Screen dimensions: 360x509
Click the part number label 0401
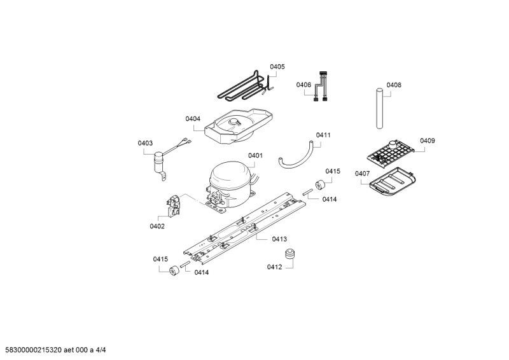click(255, 156)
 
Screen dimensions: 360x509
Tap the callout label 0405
click(277, 67)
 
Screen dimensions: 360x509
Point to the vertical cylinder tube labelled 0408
click(380, 109)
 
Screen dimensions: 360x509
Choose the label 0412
click(274, 267)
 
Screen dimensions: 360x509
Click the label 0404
click(193, 119)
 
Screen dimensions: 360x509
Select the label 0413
click(279, 239)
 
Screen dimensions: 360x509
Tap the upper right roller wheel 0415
click(321, 185)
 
